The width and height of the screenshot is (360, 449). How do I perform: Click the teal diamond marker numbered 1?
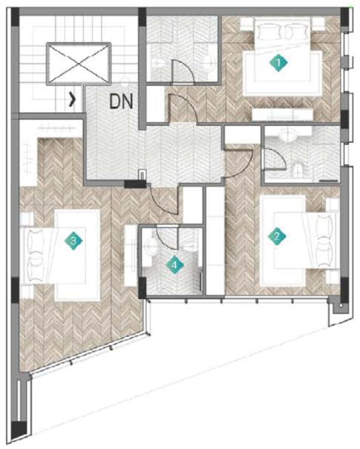coord(278,62)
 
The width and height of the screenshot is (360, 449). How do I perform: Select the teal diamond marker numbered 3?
coord(74,241)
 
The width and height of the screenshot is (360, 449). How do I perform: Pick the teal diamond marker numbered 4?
coord(174,265)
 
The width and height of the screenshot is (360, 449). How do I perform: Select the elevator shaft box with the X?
coord(78,64)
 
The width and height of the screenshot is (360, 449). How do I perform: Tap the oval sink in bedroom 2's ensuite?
coord(286,136)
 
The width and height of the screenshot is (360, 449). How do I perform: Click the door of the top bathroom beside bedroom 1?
coord(180,71)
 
